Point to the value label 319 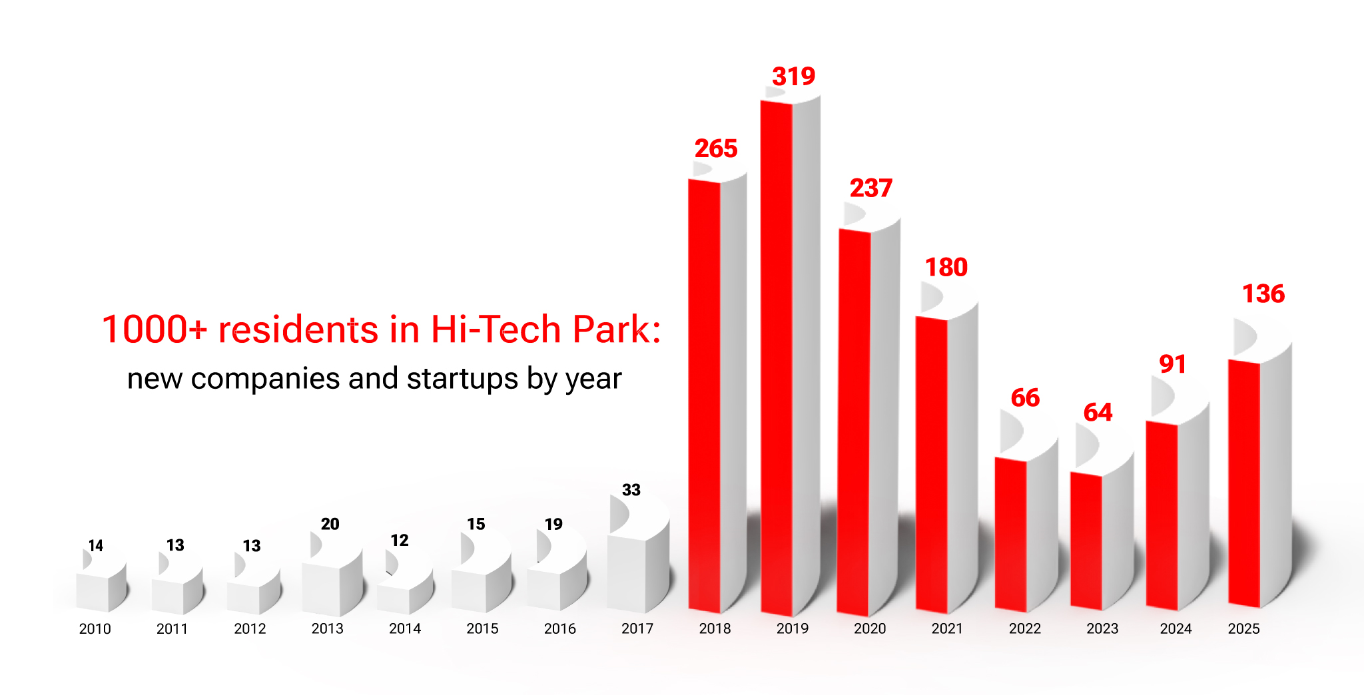coord(793,77)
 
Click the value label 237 coord(870,188)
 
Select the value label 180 coord(946,268)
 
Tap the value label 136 coord(1263,294)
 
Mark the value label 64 coord(1098,413)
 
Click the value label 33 coord(631,491)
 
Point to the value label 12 coord(399,541)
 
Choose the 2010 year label coord(95,629)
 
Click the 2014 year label coord(405,629)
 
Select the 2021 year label coord(947,629)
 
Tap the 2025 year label coord(1243,629)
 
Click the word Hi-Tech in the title coord(496,330)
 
